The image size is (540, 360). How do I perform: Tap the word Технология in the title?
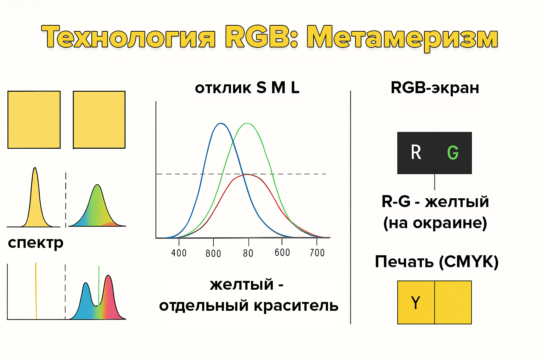(x=128, y=37)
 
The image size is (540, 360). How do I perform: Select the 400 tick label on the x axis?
(x=179, y=253)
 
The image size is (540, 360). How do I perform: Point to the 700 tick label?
(x=317, y=253)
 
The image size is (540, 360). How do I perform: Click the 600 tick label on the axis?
(x=282, y=252)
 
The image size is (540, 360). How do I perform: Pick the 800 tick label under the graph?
(x=213, y=254)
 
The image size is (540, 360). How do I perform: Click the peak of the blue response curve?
(x=220, y=123)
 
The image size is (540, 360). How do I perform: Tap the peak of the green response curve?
(x=247, y=123)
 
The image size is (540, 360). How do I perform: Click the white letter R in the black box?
(x=416, y=152)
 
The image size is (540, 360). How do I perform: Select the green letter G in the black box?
(x=453, y=153)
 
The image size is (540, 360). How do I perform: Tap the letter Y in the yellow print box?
(x=416, y=302)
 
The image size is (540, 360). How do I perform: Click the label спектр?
(x=36, y=243)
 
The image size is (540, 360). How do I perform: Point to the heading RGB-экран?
(x=435, y=88)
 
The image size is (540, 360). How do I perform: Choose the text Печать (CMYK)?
(x=437, y=262)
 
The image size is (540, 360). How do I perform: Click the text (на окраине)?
(x=435, y=223)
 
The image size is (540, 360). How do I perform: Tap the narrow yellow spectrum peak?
(x=35, y=168)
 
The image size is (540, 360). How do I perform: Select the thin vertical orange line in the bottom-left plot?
(x=36, y=291)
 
